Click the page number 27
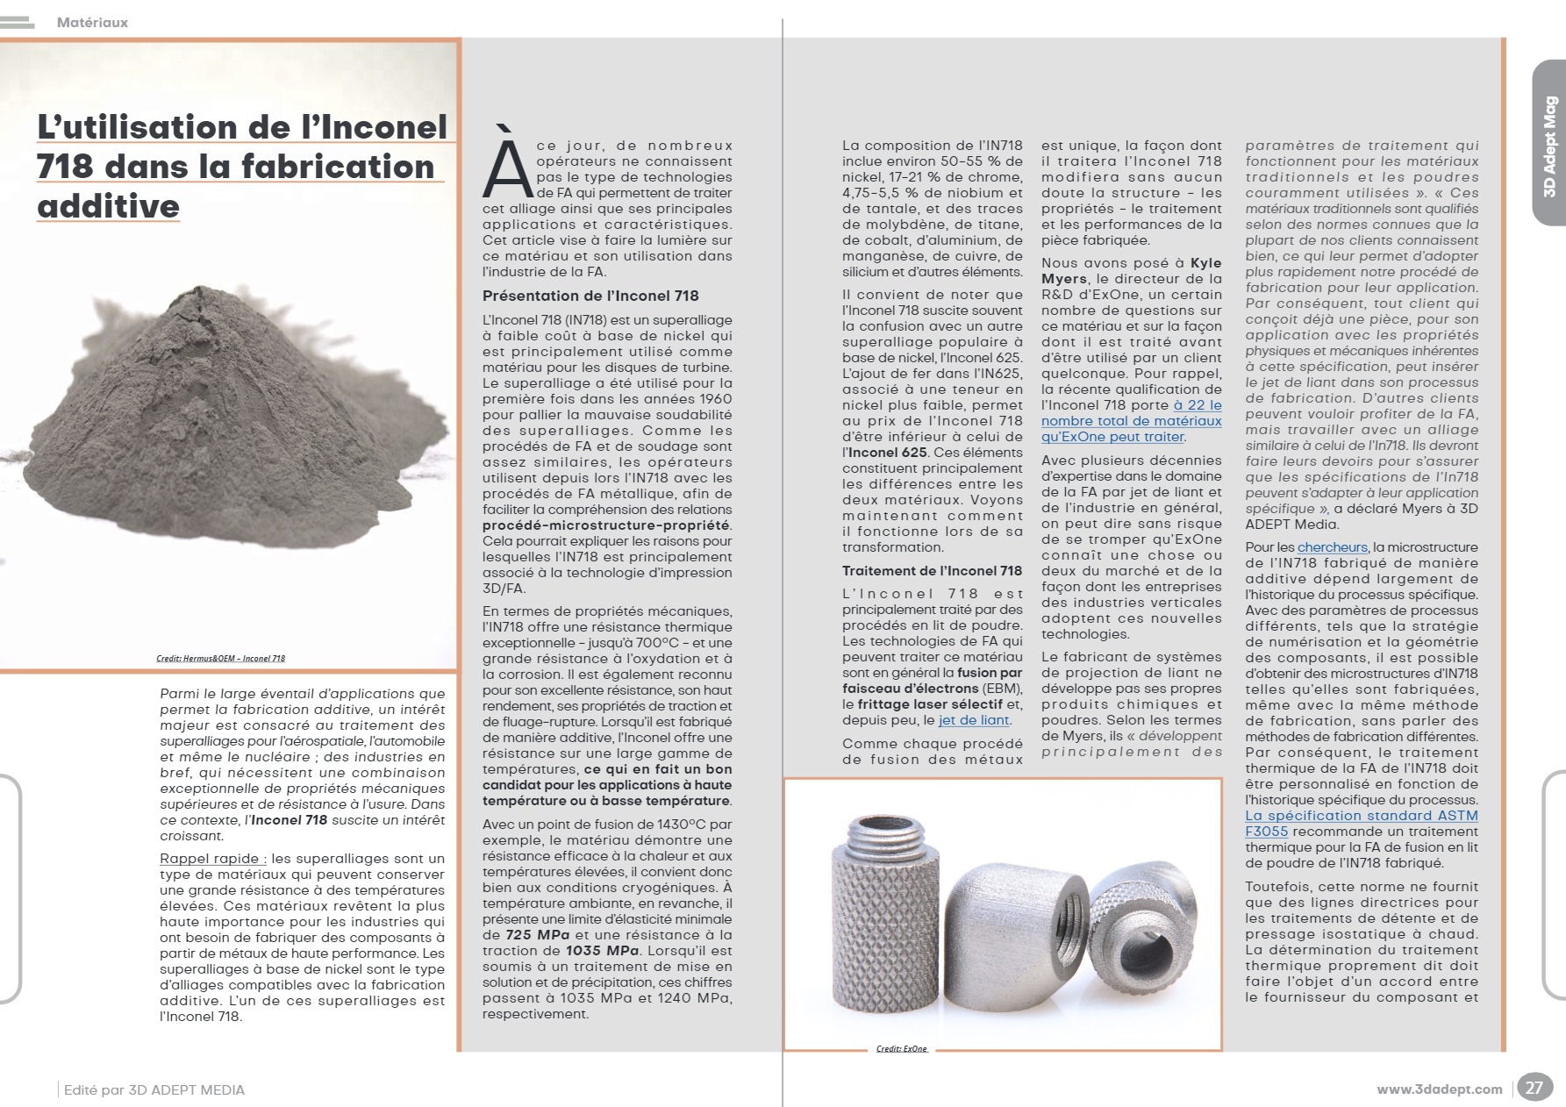tap(1534, 1088)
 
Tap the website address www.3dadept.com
tap(1439, 1089)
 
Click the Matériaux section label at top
tap(92, 23)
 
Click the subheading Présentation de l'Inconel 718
tap(590, 296)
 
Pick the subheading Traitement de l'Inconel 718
tap(932, 571)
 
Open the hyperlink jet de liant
tap(974, 720)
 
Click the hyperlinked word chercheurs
tap(1332, 547)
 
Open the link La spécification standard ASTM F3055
tap(1361, 823)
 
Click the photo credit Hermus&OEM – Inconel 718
tap(220, 658)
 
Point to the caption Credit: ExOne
tap(902, 1048)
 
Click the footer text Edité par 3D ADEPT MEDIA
tap(154, 1090)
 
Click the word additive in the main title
tap(108, 206)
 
